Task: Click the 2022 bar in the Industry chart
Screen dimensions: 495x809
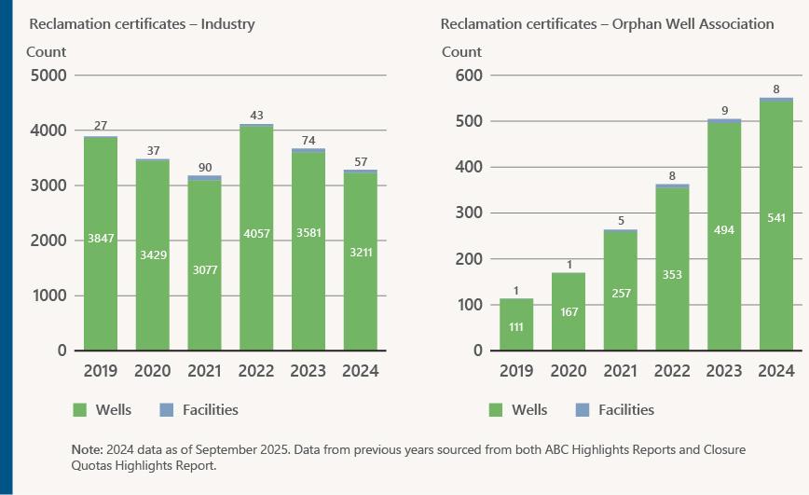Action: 256,238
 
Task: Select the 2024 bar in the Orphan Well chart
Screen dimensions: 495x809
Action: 776,225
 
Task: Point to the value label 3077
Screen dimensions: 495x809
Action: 204,270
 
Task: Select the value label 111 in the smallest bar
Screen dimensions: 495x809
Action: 516,327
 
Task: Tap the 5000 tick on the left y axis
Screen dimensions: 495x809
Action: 48,76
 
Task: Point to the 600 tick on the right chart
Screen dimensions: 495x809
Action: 477,76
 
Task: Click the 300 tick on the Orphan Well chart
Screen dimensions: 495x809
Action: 477,213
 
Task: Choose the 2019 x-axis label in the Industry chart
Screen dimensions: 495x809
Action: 101,371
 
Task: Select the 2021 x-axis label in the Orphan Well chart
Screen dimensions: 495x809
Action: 621,371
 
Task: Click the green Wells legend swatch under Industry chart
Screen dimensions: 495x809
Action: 78,409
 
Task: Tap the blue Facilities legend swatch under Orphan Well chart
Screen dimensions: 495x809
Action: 583,409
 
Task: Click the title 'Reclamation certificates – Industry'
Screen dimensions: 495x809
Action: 143,24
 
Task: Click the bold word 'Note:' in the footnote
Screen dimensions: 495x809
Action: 88,450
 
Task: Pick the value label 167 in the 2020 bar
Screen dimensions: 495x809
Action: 569,311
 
